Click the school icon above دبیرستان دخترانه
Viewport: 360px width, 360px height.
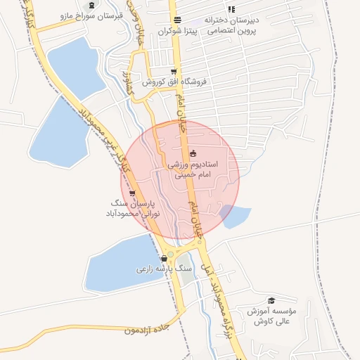[x=231, y=8]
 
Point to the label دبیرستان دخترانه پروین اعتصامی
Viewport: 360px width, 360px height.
[x=231, y=25]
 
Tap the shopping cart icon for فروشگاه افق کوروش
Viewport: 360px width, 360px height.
[x=172, y=81]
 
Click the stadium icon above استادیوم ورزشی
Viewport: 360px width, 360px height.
[x=193, y=153]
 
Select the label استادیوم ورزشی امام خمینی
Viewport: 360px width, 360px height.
[x=193, y=169]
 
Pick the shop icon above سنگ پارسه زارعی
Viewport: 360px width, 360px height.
[x=164, y=258]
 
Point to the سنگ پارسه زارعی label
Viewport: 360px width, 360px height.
[x=164, y=269]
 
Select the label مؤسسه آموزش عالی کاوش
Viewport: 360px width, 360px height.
[x=271, y=316]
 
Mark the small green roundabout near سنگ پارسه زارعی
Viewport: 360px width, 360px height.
[x=170, y=254]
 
